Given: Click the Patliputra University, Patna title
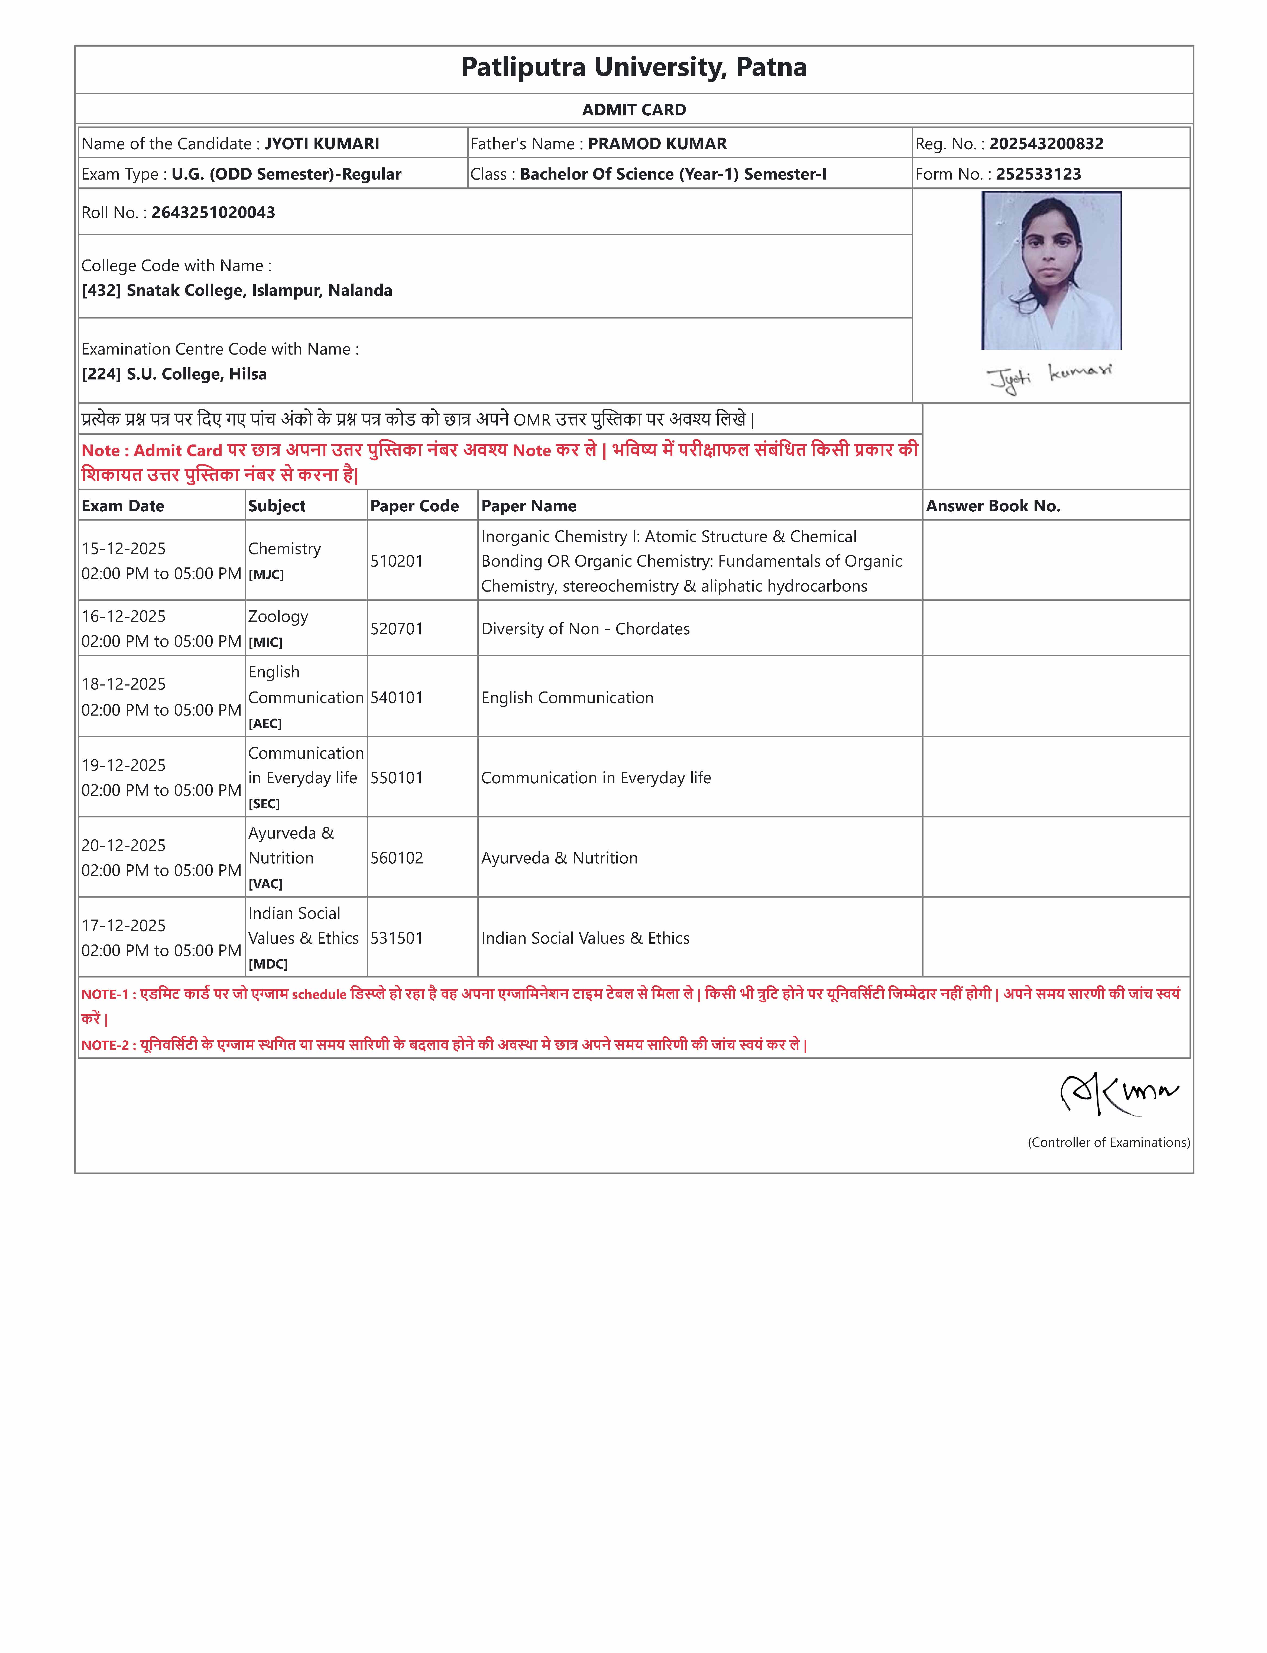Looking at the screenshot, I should pos(633,67).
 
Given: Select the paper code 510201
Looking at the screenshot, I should pos(397,561).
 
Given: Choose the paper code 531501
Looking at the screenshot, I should pos(397,938).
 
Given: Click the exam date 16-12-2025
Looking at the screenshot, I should pos(124,616).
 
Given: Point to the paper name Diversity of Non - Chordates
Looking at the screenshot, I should pos(585,629).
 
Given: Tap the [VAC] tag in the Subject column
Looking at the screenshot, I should pos(265,884).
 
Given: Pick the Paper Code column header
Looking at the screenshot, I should pos(414,506).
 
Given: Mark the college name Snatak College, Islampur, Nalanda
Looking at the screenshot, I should pos(259,290).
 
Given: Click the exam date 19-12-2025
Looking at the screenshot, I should pos(124,765).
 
